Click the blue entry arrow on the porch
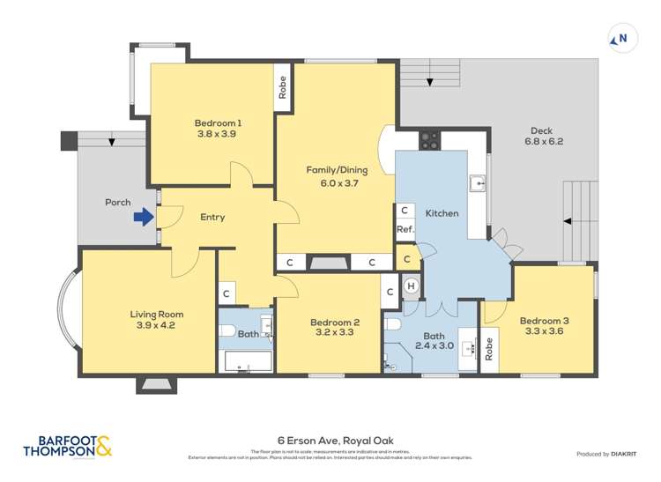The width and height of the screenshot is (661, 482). coord(141,216)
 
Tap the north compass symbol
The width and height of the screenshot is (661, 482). coord(620,38)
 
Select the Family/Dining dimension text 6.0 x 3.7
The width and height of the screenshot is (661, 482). coord(337,182)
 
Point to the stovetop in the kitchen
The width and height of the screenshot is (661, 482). coord(430,137)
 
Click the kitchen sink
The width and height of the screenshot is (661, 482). coord(477,183)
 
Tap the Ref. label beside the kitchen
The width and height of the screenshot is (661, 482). coord(405,229)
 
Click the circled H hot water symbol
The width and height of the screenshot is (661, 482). coord(411,286)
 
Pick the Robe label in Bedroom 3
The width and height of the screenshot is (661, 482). coord(490,349)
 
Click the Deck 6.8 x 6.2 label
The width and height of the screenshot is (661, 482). coord(543,136)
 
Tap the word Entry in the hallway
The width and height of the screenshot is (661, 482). coord(212,218)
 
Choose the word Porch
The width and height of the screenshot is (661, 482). coord(117,202)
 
